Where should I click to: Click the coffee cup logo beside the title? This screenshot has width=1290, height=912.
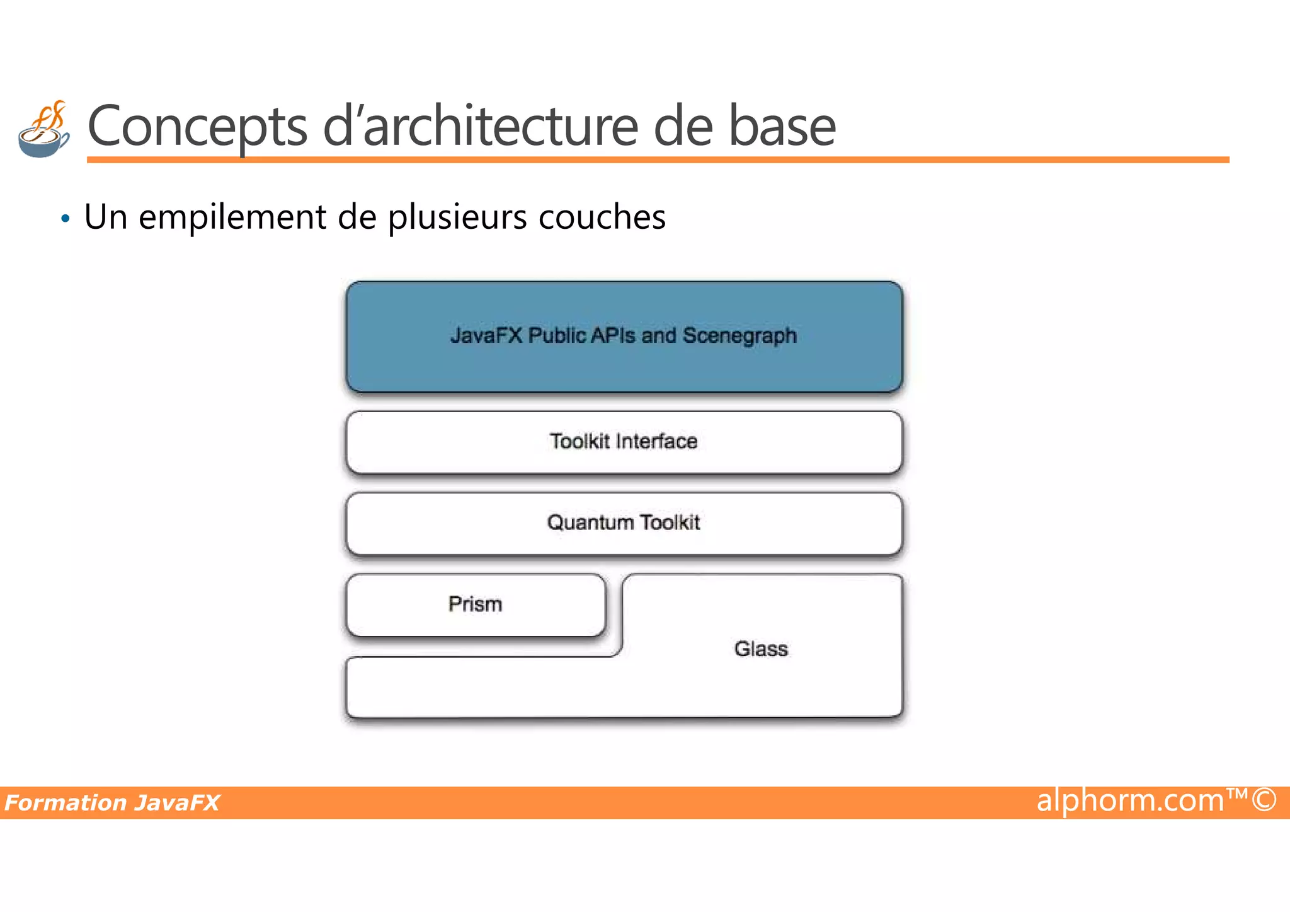(x=43, y=130)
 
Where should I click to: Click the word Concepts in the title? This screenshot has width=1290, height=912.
(x=197, y=126)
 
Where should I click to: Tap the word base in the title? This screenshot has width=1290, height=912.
(x=782, y=126)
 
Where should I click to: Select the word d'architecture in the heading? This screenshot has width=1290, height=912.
(x=481, y=126)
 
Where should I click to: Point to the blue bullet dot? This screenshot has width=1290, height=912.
(x=66, y=219)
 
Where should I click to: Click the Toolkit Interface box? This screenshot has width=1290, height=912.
(x=624, y=442)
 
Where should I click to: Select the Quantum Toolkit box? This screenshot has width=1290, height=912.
(x=624, y=523)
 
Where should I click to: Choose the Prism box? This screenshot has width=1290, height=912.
(x=476, y=604)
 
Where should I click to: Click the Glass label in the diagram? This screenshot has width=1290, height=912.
(x=761, y=649)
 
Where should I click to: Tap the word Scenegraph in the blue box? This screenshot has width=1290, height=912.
(x=739, y=336)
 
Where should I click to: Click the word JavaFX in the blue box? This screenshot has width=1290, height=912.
(x=486, y=335)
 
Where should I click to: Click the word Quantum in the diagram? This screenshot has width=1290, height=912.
(x=590, y=523)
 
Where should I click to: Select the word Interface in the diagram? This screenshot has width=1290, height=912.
(x=656, y=442)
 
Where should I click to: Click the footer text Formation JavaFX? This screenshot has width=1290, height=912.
(x=112, y=803)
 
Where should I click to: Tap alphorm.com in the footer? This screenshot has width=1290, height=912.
(x=1131, y=800)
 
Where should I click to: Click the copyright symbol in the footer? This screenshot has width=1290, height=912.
(x=1264, y=799)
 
